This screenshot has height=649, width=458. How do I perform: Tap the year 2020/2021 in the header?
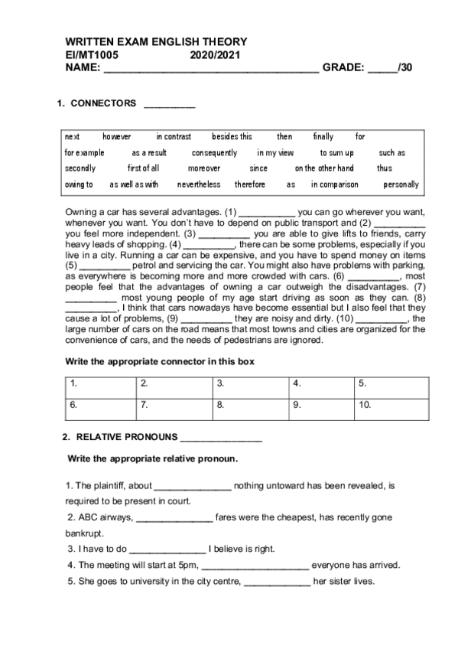(x=213, y=55)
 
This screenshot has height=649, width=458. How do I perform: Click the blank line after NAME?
(x=211, y=69)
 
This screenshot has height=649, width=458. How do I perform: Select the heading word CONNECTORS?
(x=103, y=103)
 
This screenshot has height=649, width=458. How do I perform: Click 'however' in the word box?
(x=117, y=137)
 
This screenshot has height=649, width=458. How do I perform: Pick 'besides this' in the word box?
(x=232, y=137)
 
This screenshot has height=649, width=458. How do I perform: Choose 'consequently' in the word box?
(x=214, y=153)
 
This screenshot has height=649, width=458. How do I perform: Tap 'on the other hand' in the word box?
(x=324, y=168)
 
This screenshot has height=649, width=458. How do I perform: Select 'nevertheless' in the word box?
(x=199, y=184)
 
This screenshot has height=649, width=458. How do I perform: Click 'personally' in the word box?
(x=401, y=184)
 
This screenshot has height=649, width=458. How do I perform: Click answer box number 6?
(x=100, y=406)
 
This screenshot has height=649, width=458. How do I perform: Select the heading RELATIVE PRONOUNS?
(x=126, y=438)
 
